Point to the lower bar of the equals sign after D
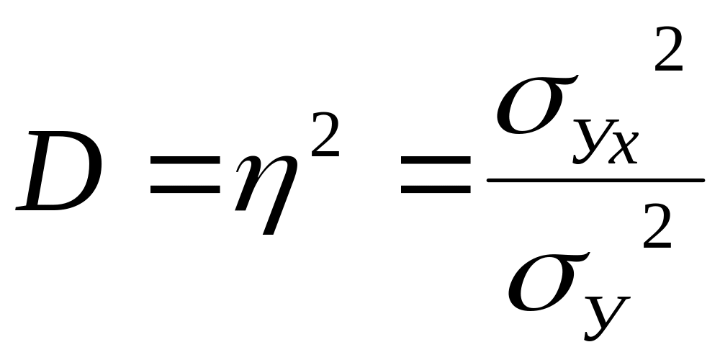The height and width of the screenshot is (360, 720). click(x=184, y=191)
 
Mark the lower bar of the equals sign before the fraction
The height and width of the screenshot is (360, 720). click(x=436, y=191)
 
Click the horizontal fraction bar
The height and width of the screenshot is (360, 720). click(x=595, y=181)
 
